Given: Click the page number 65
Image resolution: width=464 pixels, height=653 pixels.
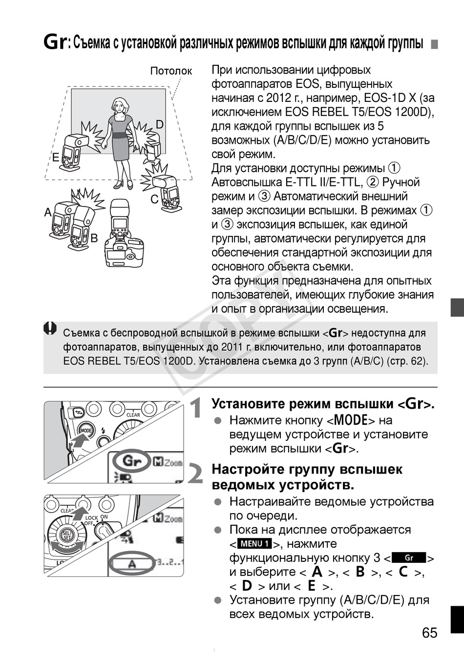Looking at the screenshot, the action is (x=430, y=633).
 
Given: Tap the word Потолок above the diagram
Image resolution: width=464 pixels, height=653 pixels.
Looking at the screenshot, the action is (x=171, y=71).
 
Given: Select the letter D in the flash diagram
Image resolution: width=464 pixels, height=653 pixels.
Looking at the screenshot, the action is (x=160, y=125).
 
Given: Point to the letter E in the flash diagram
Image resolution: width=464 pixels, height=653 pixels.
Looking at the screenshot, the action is (x=56, y=158).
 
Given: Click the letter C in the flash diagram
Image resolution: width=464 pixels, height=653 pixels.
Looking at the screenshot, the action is (x=154, y=199).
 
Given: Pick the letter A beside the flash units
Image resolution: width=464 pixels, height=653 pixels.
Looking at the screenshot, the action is (x=48, y=212).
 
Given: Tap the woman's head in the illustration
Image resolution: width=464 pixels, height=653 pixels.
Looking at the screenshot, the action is (x=119, y=104).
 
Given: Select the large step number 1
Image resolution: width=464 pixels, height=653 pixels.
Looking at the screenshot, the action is (x=196, y=408).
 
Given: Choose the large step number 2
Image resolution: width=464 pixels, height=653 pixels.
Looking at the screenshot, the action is (x=195, y=474).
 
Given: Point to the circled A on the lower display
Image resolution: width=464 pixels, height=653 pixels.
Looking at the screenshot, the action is (x=131, y=565).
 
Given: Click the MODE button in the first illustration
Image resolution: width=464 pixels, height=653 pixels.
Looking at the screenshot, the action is (x=86, y=430).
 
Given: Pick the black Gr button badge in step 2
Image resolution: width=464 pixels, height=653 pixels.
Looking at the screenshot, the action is (x=409, y=558).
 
